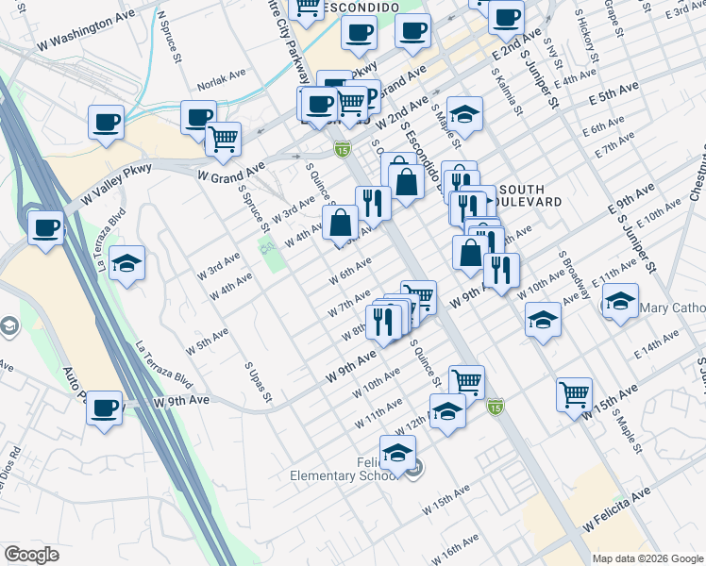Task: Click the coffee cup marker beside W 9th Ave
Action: (x=105, y=408)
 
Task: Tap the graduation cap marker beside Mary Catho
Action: (x=620, y=303)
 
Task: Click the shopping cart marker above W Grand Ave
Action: (x=223, y=140)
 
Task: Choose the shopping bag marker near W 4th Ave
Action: (x=341, y=225)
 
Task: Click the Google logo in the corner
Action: (x=31, y=555)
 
